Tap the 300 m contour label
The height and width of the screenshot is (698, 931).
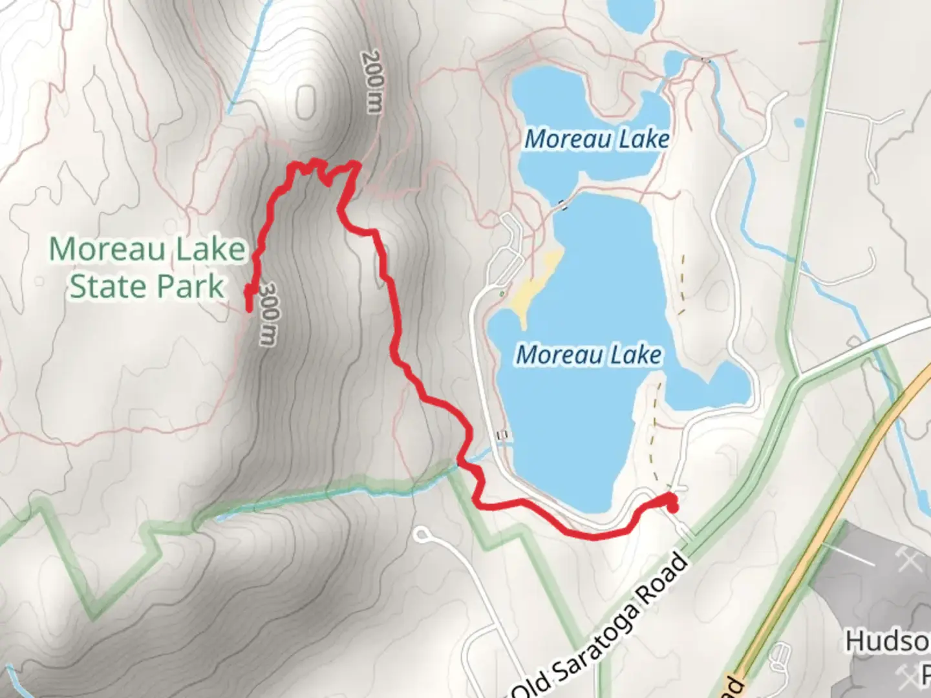click(270, 315)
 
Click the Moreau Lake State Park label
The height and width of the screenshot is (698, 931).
click(147, 268)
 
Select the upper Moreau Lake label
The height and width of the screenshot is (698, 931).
click(596, 139)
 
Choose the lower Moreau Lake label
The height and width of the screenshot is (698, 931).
click(588, 355)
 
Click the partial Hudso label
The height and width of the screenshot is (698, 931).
click(887, 642)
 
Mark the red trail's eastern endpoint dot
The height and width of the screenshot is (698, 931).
click(672, 506)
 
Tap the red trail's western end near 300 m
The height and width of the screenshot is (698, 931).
click(249, 309)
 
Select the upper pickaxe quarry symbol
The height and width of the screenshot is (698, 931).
click(909, 560)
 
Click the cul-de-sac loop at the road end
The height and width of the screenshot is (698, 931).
click(422, 534)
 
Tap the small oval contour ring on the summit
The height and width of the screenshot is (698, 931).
click(306, 102)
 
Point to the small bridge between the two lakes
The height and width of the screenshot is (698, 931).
click(562, 205)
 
